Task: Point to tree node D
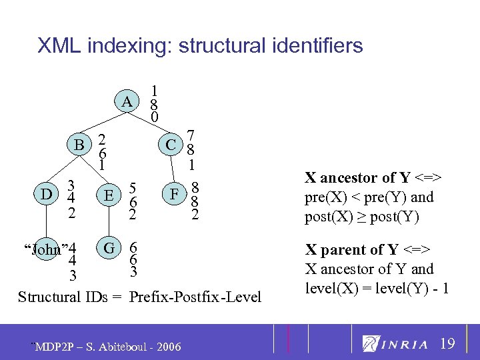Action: tap(47, 195)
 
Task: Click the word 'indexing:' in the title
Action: tap(126, 46)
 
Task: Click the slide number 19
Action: tap(448, 344)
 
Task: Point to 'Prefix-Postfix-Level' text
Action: tap(195, 297)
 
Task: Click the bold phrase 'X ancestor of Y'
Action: tap(351, 178)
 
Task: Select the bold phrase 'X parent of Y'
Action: tap(344, 250)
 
